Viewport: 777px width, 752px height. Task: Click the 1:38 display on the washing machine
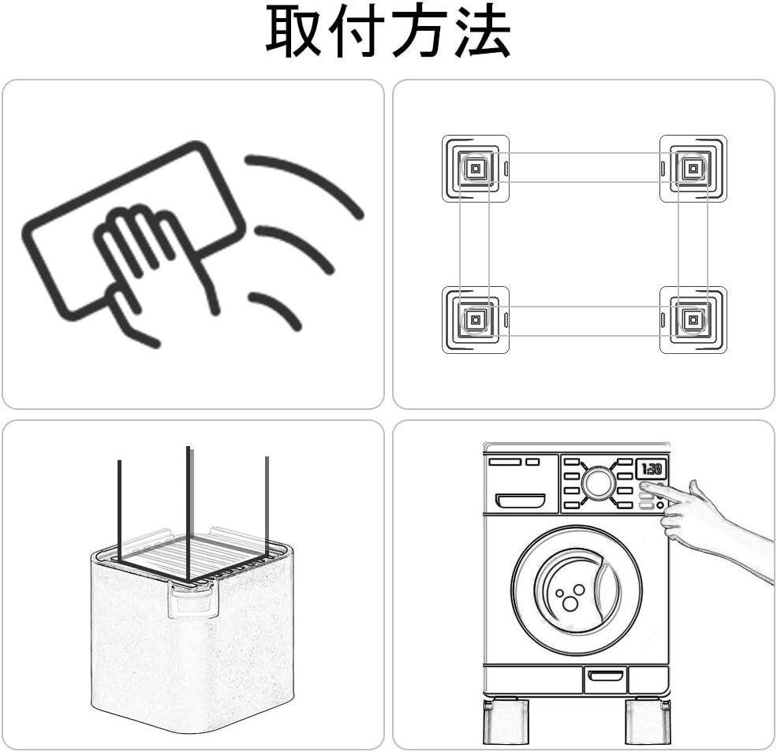point(652,469)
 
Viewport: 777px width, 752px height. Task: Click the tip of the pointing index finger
point(645,488)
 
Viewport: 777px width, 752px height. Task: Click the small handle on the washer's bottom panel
point(604,676)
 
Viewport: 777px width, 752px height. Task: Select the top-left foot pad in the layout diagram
point(475,168)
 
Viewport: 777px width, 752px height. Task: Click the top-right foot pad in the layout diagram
point(693,168)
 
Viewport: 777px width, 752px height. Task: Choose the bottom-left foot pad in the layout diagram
point(475,319)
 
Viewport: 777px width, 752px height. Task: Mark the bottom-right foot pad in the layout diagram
point(693,319)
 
